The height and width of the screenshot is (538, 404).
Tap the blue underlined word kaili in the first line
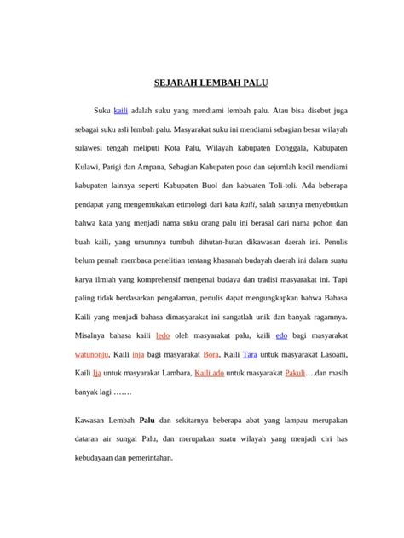[x=121, y=111]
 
